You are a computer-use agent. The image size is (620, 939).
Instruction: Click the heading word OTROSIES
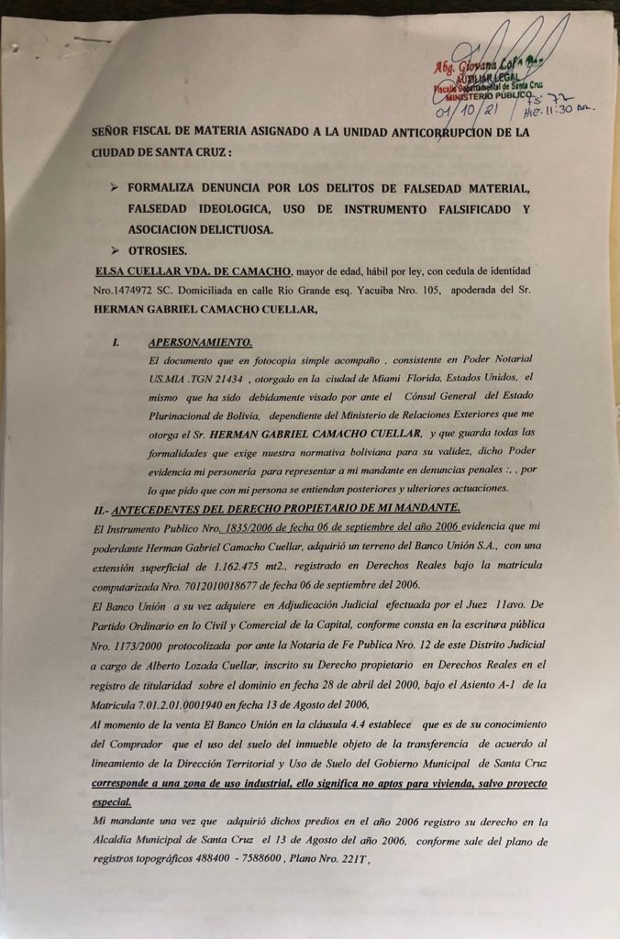[x=158, y=250]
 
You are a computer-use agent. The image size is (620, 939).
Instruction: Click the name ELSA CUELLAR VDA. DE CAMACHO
[x=193, y=271]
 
